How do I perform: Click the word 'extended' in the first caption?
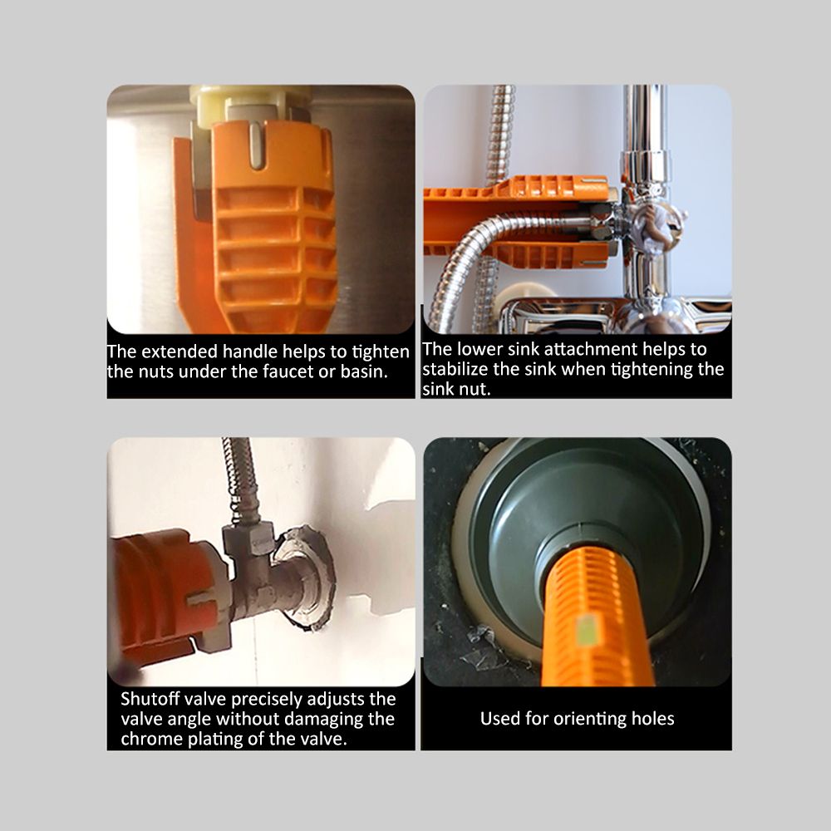pyautogui.click(x=179, y=352)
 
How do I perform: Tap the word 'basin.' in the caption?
pyautogui.click(x=364, y=371)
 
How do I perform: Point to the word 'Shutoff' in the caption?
pyautogui.click(x=150, y=699)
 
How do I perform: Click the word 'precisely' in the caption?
pyautogui.click(x=267, y=700)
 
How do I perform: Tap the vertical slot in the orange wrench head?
pyautogui.click(x=257, y=145)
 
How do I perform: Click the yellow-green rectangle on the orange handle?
pyautogui.click(x=585, y=631)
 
